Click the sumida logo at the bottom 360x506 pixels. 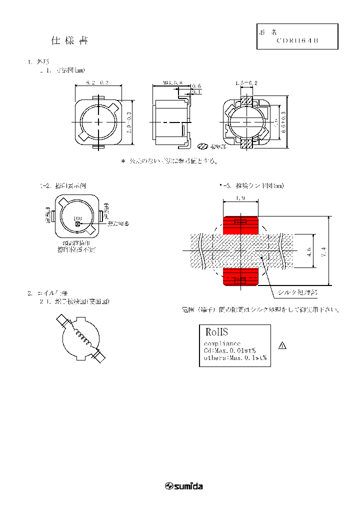(183, 486)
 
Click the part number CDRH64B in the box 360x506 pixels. (297, 41)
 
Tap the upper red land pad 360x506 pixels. (240, 225)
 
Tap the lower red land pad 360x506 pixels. (240, 276)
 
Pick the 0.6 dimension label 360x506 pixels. (196, 86)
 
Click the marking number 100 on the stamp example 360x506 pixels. (77, 218)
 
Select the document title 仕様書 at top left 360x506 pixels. (69, 41)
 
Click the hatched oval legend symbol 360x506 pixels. (203, 147)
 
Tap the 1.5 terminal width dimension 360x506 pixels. (245, 82)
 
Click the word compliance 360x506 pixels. (222, 343)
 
